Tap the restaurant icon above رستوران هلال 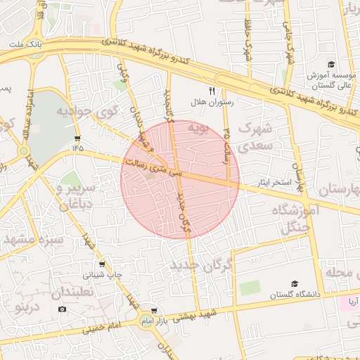pyautogui.click(x=211, y=91)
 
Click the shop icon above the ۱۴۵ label pyautogui.click(x=77, y=138)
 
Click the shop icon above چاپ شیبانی pyautogui.click(x=103, y=264)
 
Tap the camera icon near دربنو pyautogui.click(x=63, y=309)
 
